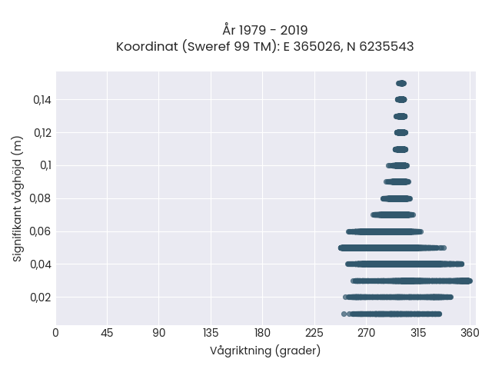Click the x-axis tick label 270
(x=366, y=333)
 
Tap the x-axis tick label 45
(x=107, y=333)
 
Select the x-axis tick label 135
(x=211, y=333)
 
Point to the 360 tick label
(x=470, y=333)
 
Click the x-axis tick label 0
(x=55, y=333)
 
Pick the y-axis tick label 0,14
(x=42, y=100)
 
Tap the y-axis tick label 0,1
(x=45, y=165)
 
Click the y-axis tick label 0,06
(x=40, y=231)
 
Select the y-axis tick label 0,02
(x=41, y=298)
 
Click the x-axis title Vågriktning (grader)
(x=265, y=351)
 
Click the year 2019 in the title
(x=294, y=31)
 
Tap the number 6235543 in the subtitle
(x=386, y=46)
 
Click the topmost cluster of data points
(x=401, y=84)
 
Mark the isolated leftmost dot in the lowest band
(x=344, y=314)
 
